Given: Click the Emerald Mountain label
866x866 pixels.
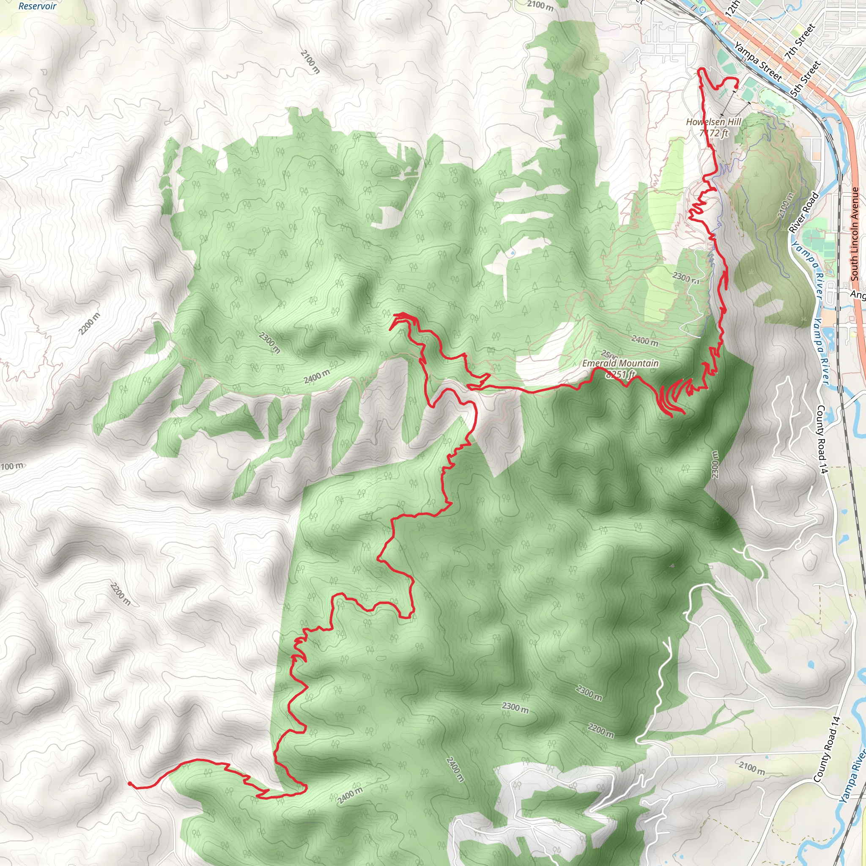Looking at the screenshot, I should (x=620, y=364).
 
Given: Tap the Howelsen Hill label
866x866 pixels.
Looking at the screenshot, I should (x=714, y=122).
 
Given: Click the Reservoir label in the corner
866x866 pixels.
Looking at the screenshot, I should (x=38, y=6).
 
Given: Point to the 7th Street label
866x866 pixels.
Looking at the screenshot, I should (x=799, y=43).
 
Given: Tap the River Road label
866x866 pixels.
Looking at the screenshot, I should (x=804, y=212).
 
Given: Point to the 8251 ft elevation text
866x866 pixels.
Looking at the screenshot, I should (x=620, y=374).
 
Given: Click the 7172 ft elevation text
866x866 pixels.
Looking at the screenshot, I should (x=714, y=133).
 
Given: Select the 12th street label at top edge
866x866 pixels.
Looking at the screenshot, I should (x=732, y=9).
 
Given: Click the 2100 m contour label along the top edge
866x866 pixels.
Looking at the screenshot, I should (x=540, y=5).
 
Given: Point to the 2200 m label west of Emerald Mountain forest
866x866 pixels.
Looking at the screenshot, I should (x=90, y=323).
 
